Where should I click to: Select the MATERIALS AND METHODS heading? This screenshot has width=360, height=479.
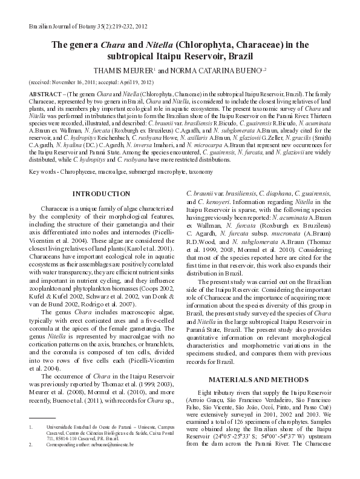pos(262,379)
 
